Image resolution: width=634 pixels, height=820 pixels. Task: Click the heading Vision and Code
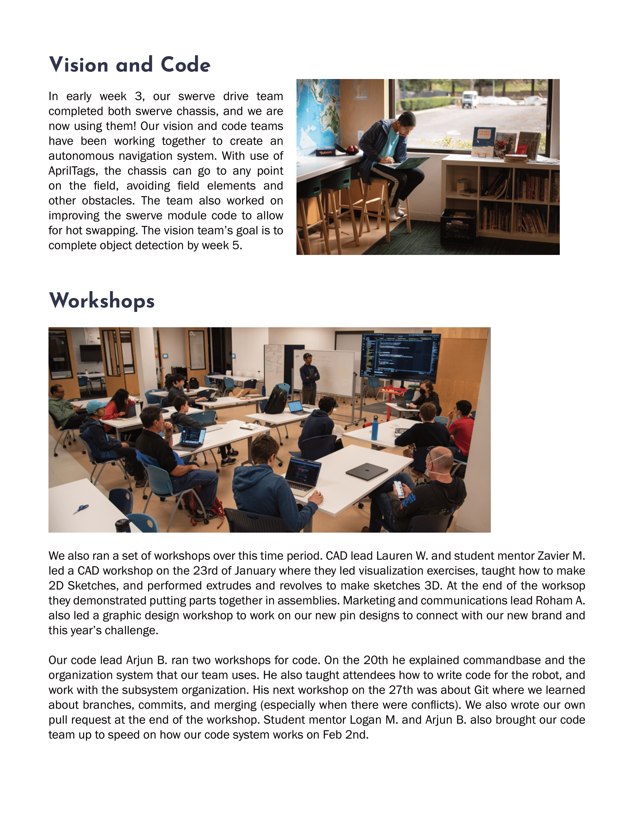129,64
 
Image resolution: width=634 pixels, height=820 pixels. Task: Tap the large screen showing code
400,355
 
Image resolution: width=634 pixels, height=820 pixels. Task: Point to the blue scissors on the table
81,509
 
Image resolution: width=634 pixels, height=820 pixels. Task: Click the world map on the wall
317,113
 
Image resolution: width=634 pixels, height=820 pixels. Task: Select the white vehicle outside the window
469,99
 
